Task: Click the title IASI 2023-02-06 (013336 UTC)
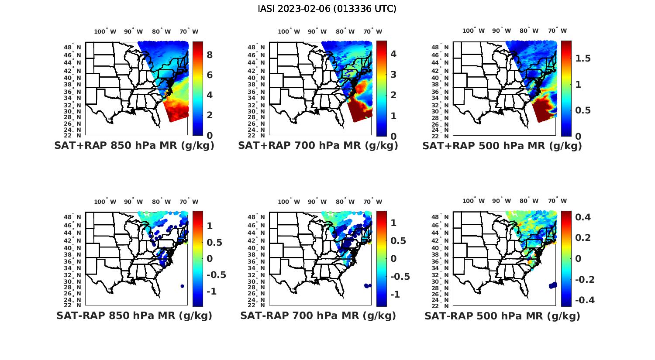pos(327,9)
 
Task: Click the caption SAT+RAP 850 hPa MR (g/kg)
pos(134,146)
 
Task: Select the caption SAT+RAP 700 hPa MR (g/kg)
pos(318,146)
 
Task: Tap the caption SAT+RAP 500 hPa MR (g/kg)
pos(502,146)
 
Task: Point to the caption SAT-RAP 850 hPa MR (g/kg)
pos(134,315)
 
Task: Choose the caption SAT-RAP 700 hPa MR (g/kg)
pos(318,315)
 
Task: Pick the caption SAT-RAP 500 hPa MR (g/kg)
pos(502,315)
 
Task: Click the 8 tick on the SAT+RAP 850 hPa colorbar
pos(210,55)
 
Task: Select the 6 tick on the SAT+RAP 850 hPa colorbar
pos(210,75)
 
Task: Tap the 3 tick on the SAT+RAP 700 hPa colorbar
pos(393,74)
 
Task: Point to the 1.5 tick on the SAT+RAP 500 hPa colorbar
pos(583,58)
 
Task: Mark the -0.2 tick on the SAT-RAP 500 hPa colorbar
pos(584,279)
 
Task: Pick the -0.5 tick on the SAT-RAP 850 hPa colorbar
pos(216,275)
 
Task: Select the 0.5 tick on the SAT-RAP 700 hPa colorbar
pos(399,240)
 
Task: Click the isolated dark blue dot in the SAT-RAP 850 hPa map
pos(182,286)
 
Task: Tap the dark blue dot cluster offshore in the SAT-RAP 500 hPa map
pos(553,285)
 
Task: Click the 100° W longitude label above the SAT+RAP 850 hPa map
pos(105,31)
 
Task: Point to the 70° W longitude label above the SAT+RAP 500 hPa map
pos(557,31)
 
